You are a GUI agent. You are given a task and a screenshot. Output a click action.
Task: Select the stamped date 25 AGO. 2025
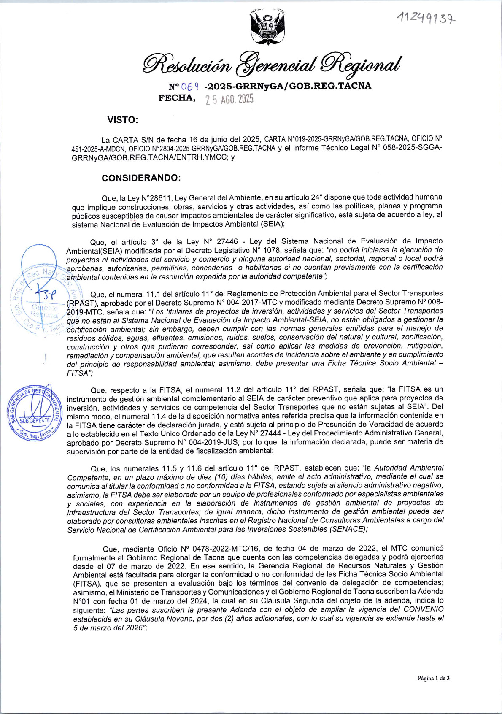coord(229,100)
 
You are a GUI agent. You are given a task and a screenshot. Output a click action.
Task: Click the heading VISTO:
coord(123,120)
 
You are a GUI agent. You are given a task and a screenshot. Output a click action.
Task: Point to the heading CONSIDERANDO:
coord(141,178)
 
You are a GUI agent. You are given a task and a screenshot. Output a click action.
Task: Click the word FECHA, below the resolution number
coord(177,98)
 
